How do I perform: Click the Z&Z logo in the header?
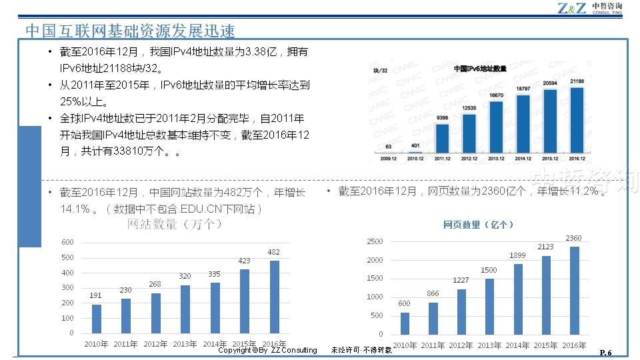(572, 9)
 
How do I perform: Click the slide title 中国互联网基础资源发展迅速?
(130, 31)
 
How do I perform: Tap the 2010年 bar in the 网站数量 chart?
(97, 319)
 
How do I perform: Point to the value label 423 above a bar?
(245, 261)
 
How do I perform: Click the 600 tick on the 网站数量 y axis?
(67, 242)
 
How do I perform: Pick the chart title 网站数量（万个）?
(175, 225)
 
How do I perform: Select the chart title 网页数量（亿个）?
(478, 225)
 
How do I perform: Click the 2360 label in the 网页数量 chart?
(573, 238)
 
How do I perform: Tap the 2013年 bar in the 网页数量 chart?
(489, 306)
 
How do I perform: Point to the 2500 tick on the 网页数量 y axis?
(375, 241)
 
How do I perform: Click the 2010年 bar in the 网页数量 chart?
(405, 323)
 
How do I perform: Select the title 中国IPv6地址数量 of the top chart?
(480, 69)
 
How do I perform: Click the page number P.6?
(606, 352)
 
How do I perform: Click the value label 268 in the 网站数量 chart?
(155, 285)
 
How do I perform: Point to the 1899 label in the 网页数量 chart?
(517, 255)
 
